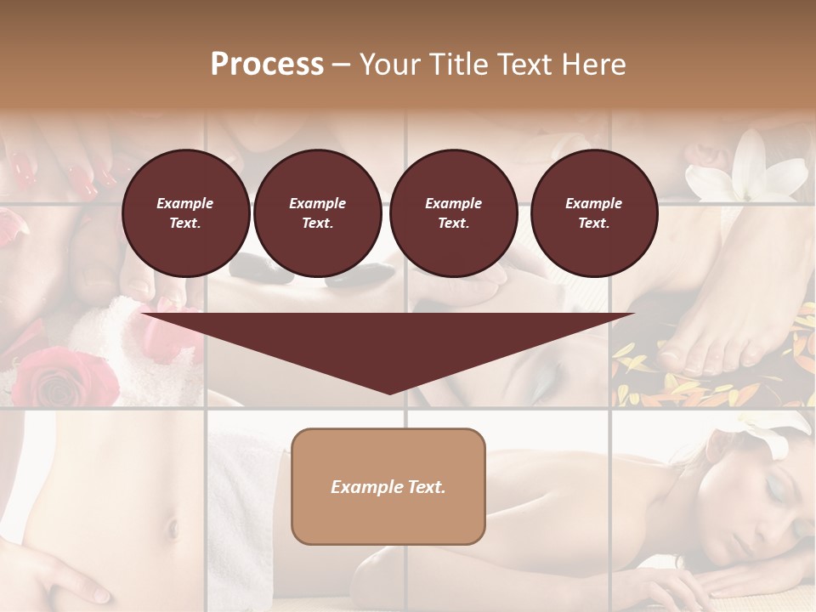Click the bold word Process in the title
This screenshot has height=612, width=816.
(267, 65)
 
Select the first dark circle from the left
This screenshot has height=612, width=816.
(185, 213)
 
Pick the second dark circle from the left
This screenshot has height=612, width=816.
(317, 213)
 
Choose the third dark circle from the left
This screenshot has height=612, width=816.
(453, 213)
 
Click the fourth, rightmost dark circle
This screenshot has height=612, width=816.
(593, 213)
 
